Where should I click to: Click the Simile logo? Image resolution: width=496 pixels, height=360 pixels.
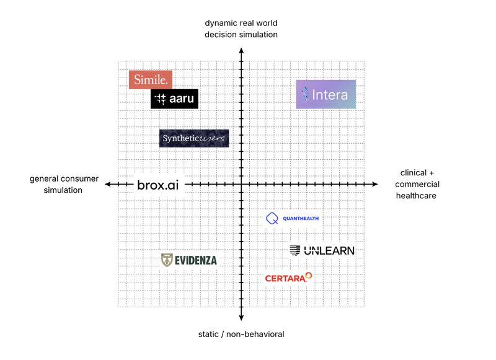[151, 80]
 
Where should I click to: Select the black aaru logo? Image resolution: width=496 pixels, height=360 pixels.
[174, 99]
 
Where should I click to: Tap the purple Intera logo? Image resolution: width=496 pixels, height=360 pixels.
[326, 95]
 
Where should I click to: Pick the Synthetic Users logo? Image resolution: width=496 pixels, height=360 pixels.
[194, 138]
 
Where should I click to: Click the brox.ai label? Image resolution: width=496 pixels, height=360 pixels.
[158, 185]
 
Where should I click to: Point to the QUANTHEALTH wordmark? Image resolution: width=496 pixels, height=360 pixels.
[301, 218]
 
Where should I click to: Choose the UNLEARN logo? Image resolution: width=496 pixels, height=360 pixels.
[322, 251]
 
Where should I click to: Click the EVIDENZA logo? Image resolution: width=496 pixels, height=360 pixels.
[189, 260]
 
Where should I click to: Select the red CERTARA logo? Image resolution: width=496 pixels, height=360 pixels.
[288, 278]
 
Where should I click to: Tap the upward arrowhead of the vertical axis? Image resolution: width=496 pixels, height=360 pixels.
[241, 51]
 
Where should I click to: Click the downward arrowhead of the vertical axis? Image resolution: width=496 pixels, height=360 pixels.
[241, 318]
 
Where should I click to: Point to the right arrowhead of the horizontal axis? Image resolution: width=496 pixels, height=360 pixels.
[375, 184]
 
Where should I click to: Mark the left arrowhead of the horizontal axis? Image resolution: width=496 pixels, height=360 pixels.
[108, 184]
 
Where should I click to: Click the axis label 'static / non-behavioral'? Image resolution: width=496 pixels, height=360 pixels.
[241, 334]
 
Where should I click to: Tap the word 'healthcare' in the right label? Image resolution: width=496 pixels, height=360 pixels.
[416, 196]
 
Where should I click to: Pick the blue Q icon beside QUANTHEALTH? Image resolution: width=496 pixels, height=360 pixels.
[272, 218]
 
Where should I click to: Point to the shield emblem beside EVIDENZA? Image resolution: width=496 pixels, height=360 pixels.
[167, 260]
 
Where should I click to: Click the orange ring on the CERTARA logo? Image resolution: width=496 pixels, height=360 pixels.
[309, 276]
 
